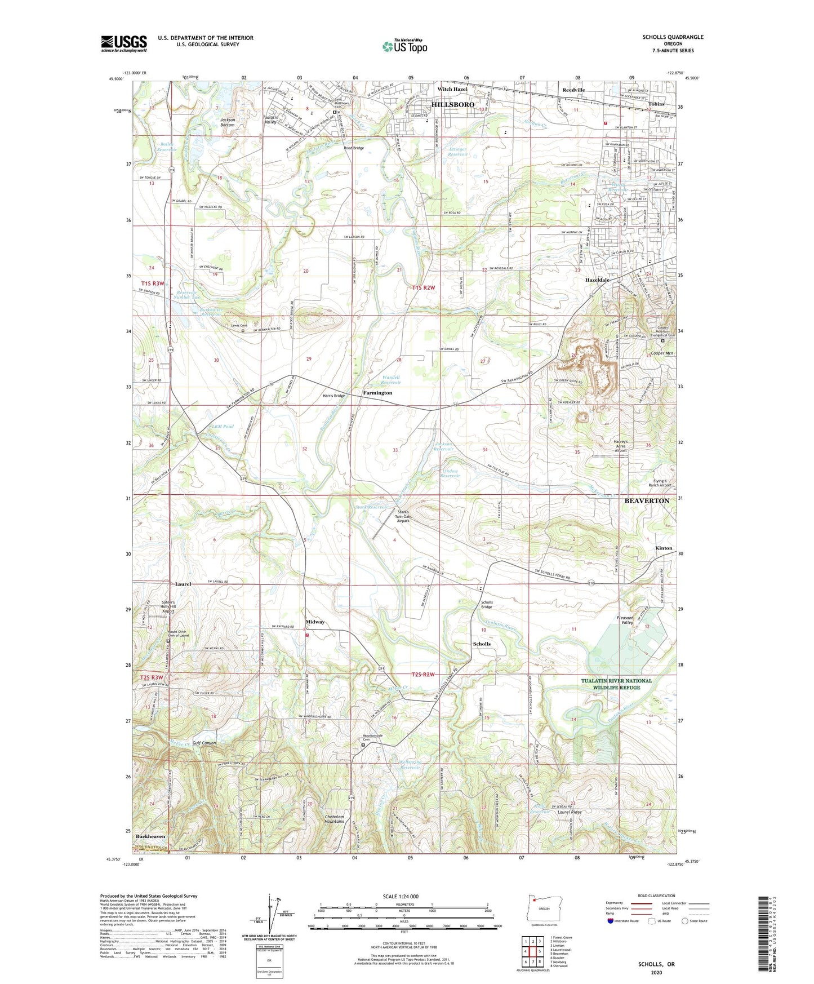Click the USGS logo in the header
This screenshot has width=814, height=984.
coord(123,43)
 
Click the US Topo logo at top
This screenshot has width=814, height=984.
coord(404,46)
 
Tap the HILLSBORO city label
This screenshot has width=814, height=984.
coord(452,105)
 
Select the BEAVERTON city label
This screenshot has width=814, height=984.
coord(647,500)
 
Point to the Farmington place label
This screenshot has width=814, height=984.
coord(377,393)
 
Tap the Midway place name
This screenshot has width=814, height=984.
coord(315,622)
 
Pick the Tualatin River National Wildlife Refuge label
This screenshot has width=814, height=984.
coord(616,684)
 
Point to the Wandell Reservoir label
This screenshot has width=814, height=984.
coord(390,380)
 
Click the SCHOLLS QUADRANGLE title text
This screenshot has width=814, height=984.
coord(673,37)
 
